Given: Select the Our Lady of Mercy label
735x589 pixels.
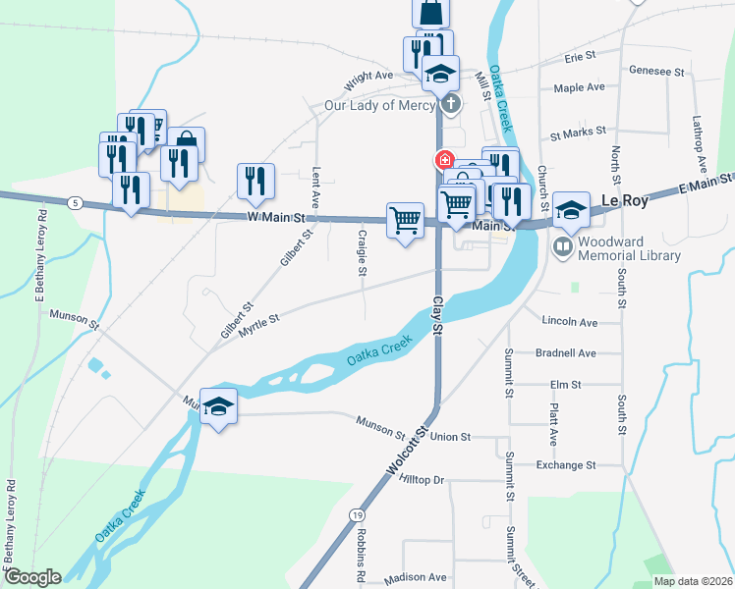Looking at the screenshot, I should point(380,106).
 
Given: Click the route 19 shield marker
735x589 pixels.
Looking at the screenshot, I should point(356,514).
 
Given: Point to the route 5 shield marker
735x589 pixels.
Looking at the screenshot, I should point(76,202).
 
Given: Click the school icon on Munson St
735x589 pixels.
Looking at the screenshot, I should point(218,406).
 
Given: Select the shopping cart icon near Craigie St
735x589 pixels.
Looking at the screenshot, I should point(405,219).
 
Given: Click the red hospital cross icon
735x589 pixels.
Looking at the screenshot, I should point(444,159).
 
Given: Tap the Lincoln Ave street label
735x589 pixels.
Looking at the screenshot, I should point(570,322).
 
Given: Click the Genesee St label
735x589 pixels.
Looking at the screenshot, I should point(656,72).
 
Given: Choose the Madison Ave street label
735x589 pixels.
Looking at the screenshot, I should point(417,578).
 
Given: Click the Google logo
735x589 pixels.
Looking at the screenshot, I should point(31,578).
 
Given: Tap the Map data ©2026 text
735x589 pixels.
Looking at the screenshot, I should point(693,581).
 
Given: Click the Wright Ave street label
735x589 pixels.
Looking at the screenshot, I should point(367,75).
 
